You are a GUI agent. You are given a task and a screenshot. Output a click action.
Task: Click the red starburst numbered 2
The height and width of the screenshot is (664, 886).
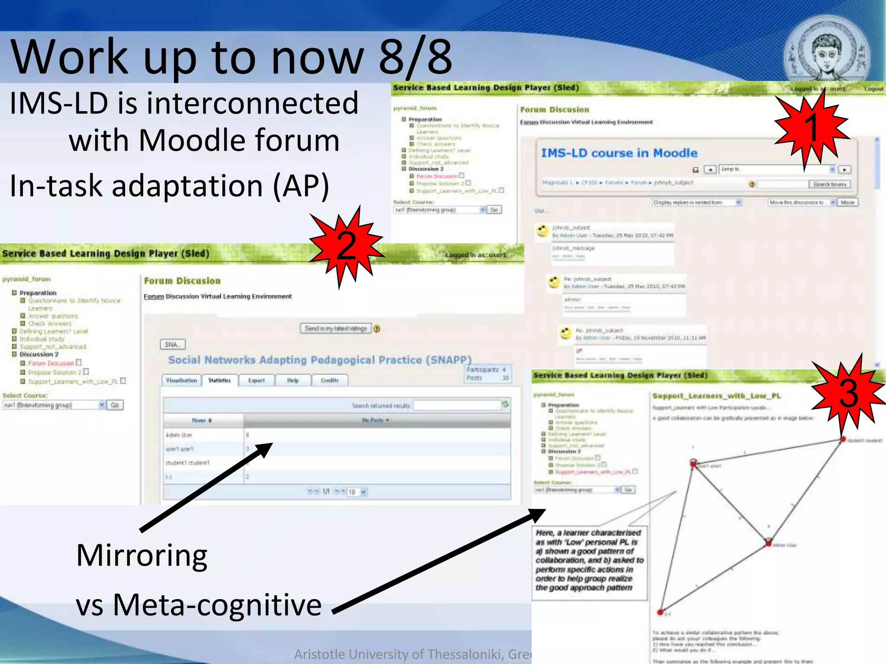click(x=346, y=246)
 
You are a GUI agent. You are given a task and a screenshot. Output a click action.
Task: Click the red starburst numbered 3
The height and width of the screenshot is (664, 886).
click(x=848, y=393)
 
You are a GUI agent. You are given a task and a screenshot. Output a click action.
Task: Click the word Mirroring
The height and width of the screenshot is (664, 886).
click(x=142, y=555)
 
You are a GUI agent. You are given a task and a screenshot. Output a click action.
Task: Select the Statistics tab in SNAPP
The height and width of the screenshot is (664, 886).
click(x=219, y=380)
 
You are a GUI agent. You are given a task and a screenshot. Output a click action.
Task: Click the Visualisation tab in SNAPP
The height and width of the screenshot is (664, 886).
click(x=181, y=380)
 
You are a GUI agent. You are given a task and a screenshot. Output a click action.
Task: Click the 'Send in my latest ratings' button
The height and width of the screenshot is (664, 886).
click(x=336, y=329)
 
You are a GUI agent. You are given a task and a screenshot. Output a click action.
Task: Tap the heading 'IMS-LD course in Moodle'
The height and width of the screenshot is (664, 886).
click(x=619, y=153)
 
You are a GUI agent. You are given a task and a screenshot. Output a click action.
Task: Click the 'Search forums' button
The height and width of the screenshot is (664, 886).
click(x=829, y=184)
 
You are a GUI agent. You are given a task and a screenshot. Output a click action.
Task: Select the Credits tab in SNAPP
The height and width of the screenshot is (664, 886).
click(x=330, y=380)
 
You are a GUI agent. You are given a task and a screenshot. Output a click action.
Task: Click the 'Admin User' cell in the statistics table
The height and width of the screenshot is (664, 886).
click(x=179, y=435)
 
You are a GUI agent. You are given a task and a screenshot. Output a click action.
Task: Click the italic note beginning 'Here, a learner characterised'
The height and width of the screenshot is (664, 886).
click(x=589, y=560)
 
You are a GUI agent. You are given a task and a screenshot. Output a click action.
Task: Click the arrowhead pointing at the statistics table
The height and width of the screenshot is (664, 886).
click(x=264, y=450)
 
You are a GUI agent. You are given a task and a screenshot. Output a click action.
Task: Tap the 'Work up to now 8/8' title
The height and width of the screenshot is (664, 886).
click(x=231, y=56)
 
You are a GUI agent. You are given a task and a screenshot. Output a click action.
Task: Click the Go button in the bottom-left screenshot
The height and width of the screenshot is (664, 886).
click(x=115, y=405)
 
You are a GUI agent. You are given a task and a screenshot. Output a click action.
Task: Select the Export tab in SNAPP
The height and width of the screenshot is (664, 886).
click(x=257, y=380)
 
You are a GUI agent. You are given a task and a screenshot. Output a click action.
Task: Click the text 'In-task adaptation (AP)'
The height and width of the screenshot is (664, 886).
click(x=170, y=186)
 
